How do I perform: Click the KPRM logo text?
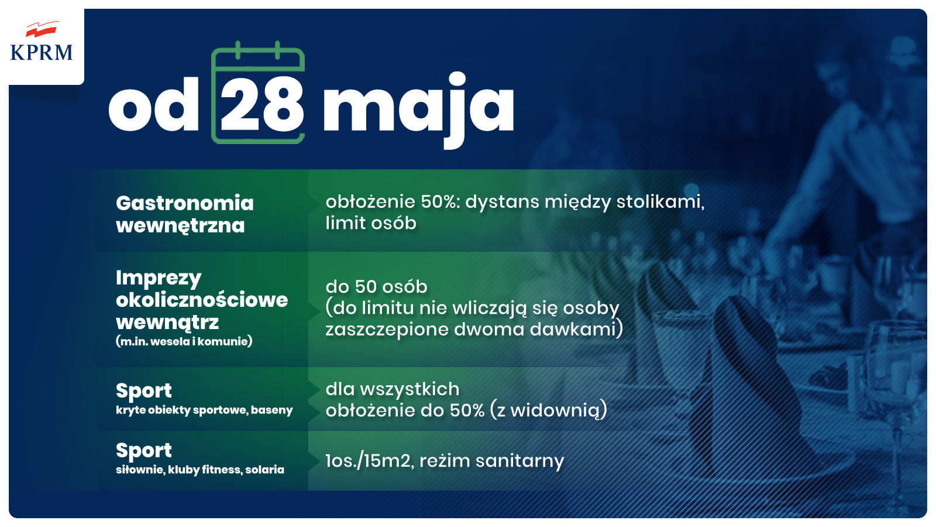coord(42,52)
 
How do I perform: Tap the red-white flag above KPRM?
coord(42,29)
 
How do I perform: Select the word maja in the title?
coord(418,109)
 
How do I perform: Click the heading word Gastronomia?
coord(185,203)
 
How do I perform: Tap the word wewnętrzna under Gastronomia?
coord(180,226)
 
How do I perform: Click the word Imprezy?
coord(159,278)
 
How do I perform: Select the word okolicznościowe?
coord(202,300)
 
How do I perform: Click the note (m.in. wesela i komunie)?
coord(184,341)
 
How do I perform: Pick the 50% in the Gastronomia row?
coord(439,201)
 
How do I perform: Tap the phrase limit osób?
coord(371,223)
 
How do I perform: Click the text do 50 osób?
coord(377,287)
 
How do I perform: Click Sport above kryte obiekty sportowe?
coord(144,391)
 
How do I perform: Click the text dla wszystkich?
coord(393,389)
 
